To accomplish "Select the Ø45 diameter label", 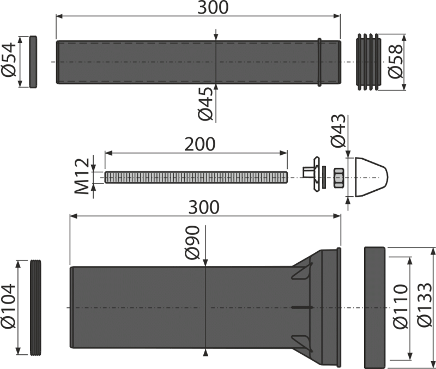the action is [205, 104].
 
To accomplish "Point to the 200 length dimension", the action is [199, 144].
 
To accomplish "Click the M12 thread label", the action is [82, 176].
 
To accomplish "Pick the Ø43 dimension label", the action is [338, 130].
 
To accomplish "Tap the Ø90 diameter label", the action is [192, 243].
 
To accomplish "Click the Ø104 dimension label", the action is [9, 306].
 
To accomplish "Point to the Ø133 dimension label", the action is [425, 305].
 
